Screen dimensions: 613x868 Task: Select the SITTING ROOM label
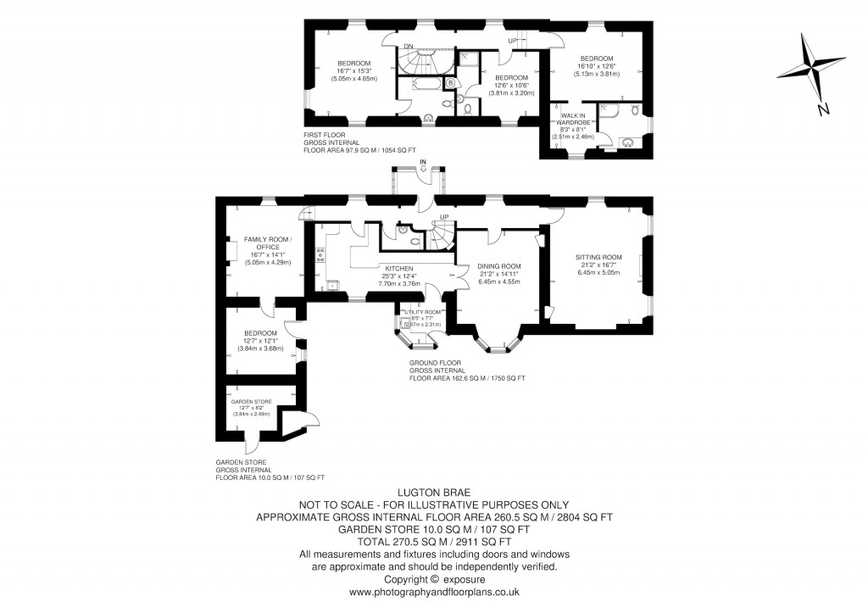click(x=598, y=257)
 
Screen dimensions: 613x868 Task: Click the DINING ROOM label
click(x=499, y=265)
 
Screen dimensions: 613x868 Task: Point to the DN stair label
click(x=408, y=46)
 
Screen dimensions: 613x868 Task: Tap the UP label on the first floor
click(x=512, y=41)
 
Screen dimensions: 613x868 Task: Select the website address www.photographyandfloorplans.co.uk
click(x=433, y=592)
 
